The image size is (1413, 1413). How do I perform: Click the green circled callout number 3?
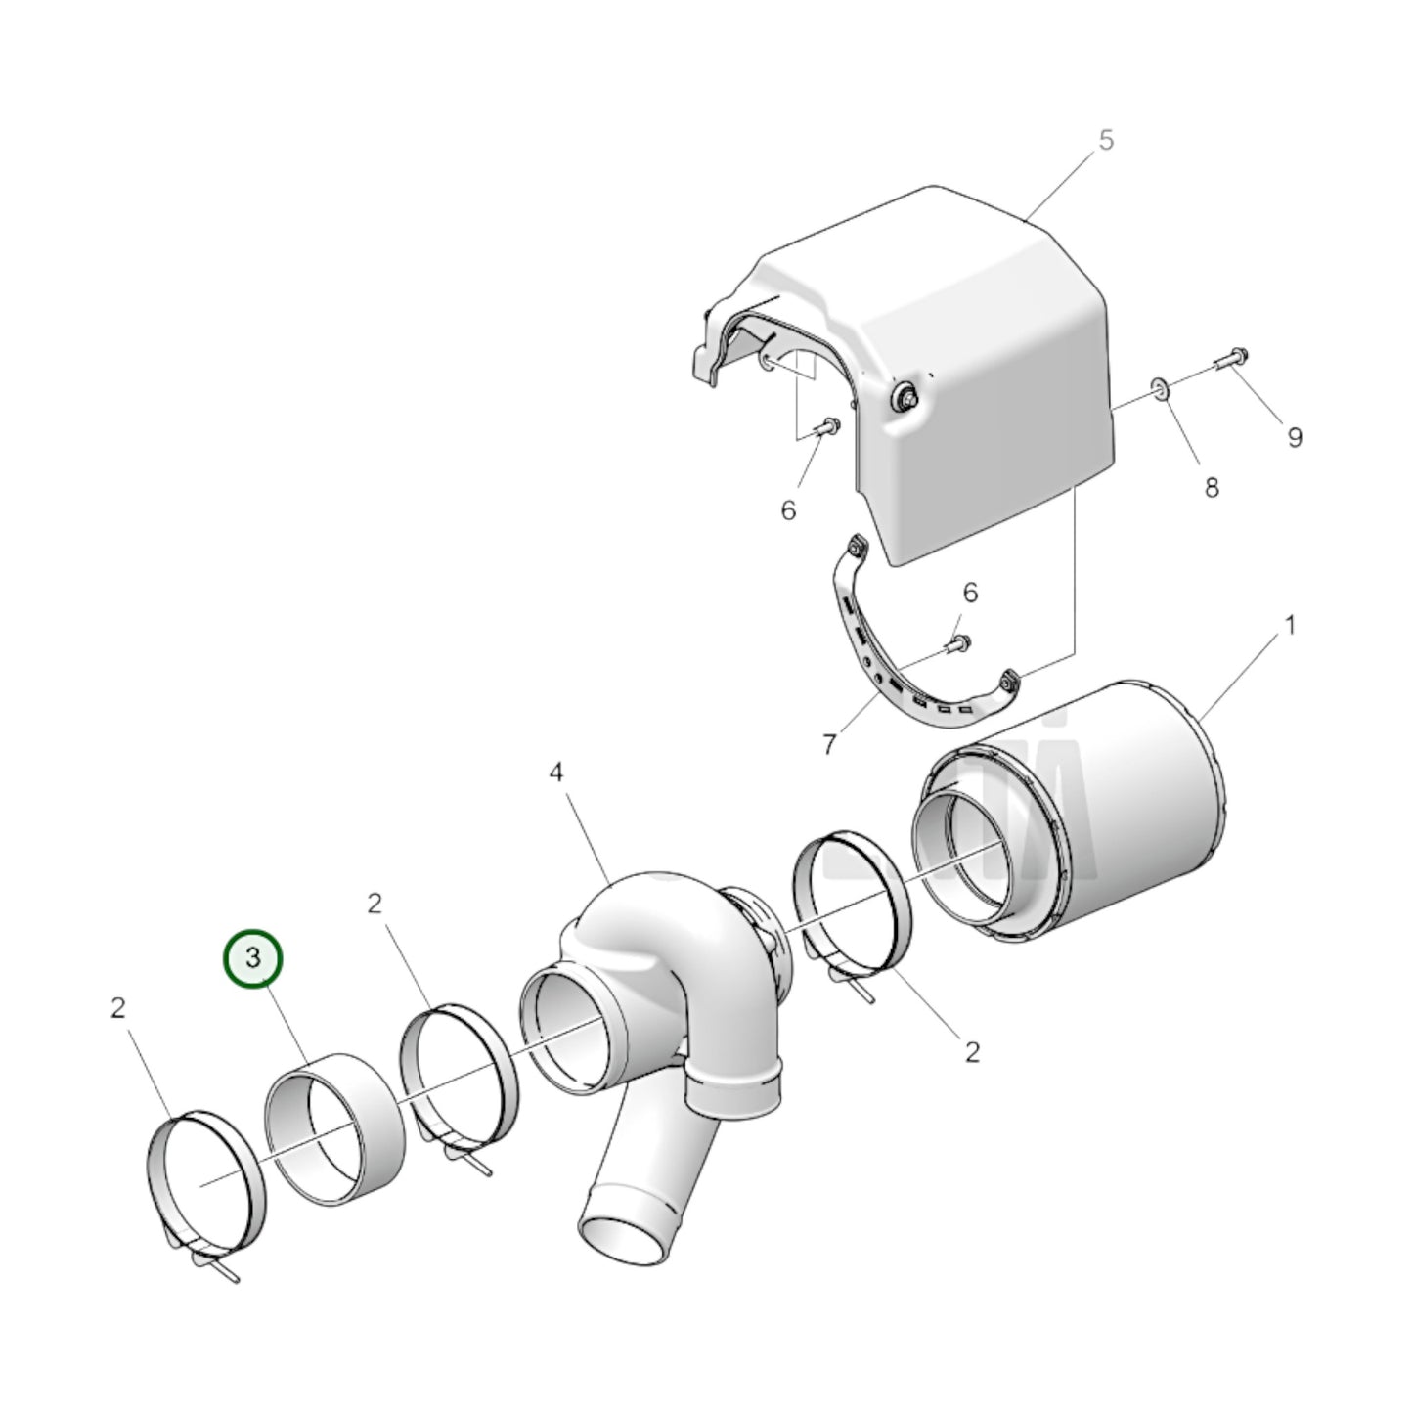tap(253, 959)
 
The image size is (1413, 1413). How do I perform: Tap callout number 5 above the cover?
tap(1106, 140)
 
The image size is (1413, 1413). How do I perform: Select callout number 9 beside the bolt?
tap(1294, 437)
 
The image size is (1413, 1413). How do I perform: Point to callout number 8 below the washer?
tap(1212, 487)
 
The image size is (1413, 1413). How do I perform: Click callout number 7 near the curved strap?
tap(828, 745)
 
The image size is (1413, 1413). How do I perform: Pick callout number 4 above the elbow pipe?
tap(555, 773)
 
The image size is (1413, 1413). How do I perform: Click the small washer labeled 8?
tap(1161, 390)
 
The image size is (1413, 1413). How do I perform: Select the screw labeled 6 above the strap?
tap(959, 642)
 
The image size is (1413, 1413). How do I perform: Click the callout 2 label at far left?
tap(118, 1007)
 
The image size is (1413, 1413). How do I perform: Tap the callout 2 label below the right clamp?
tap(971, 1051)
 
